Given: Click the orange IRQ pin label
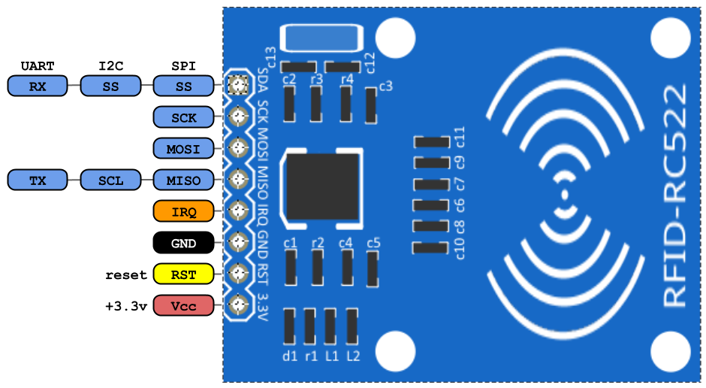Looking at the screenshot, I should click(x=183, y=212).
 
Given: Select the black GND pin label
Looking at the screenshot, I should click(x=183, y=244).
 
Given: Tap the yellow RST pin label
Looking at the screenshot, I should click(x=183, y=274).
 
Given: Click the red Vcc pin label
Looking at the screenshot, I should click(x=183, y=306).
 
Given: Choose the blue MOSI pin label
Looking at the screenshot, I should click(x=183, y=149).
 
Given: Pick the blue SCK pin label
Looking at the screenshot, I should click(x=183, y=118).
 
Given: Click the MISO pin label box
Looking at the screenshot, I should click(x=183, y=180).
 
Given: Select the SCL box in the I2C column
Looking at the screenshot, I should click(x=110, y=180).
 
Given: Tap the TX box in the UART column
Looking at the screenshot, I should click(x=38, y=180).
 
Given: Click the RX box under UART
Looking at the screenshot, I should click(x=38, y=86).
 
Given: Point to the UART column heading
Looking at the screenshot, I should click(x=38, y=66).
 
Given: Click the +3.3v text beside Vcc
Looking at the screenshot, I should click(x=125, y=306).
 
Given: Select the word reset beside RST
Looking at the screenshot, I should click(x=126, y=274).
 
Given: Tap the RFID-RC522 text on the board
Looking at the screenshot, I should click(x=675, y=195).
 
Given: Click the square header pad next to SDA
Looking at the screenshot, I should click(x=238, y=85).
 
